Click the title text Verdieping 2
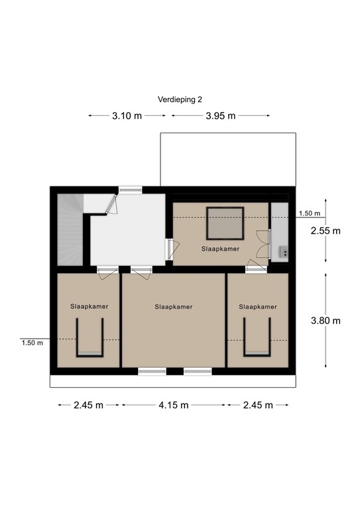coord(180,99)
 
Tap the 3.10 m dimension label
coord(126,115)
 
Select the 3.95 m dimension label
coord(220,115)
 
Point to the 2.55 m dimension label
coord(326,231)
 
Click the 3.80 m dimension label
coord(326,321)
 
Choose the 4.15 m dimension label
coord(173,405)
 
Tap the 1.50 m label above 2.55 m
coord(309,213)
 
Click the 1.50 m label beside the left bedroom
coord(32,343)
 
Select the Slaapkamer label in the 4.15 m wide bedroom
coord(174,307)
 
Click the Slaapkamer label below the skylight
coord(221,249)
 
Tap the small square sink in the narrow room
coord(283,251)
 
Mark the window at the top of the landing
coord(130,190)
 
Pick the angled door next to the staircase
coord(111,205)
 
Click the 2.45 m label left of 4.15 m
coord(88,405)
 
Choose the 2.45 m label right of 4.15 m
coord(257,405)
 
